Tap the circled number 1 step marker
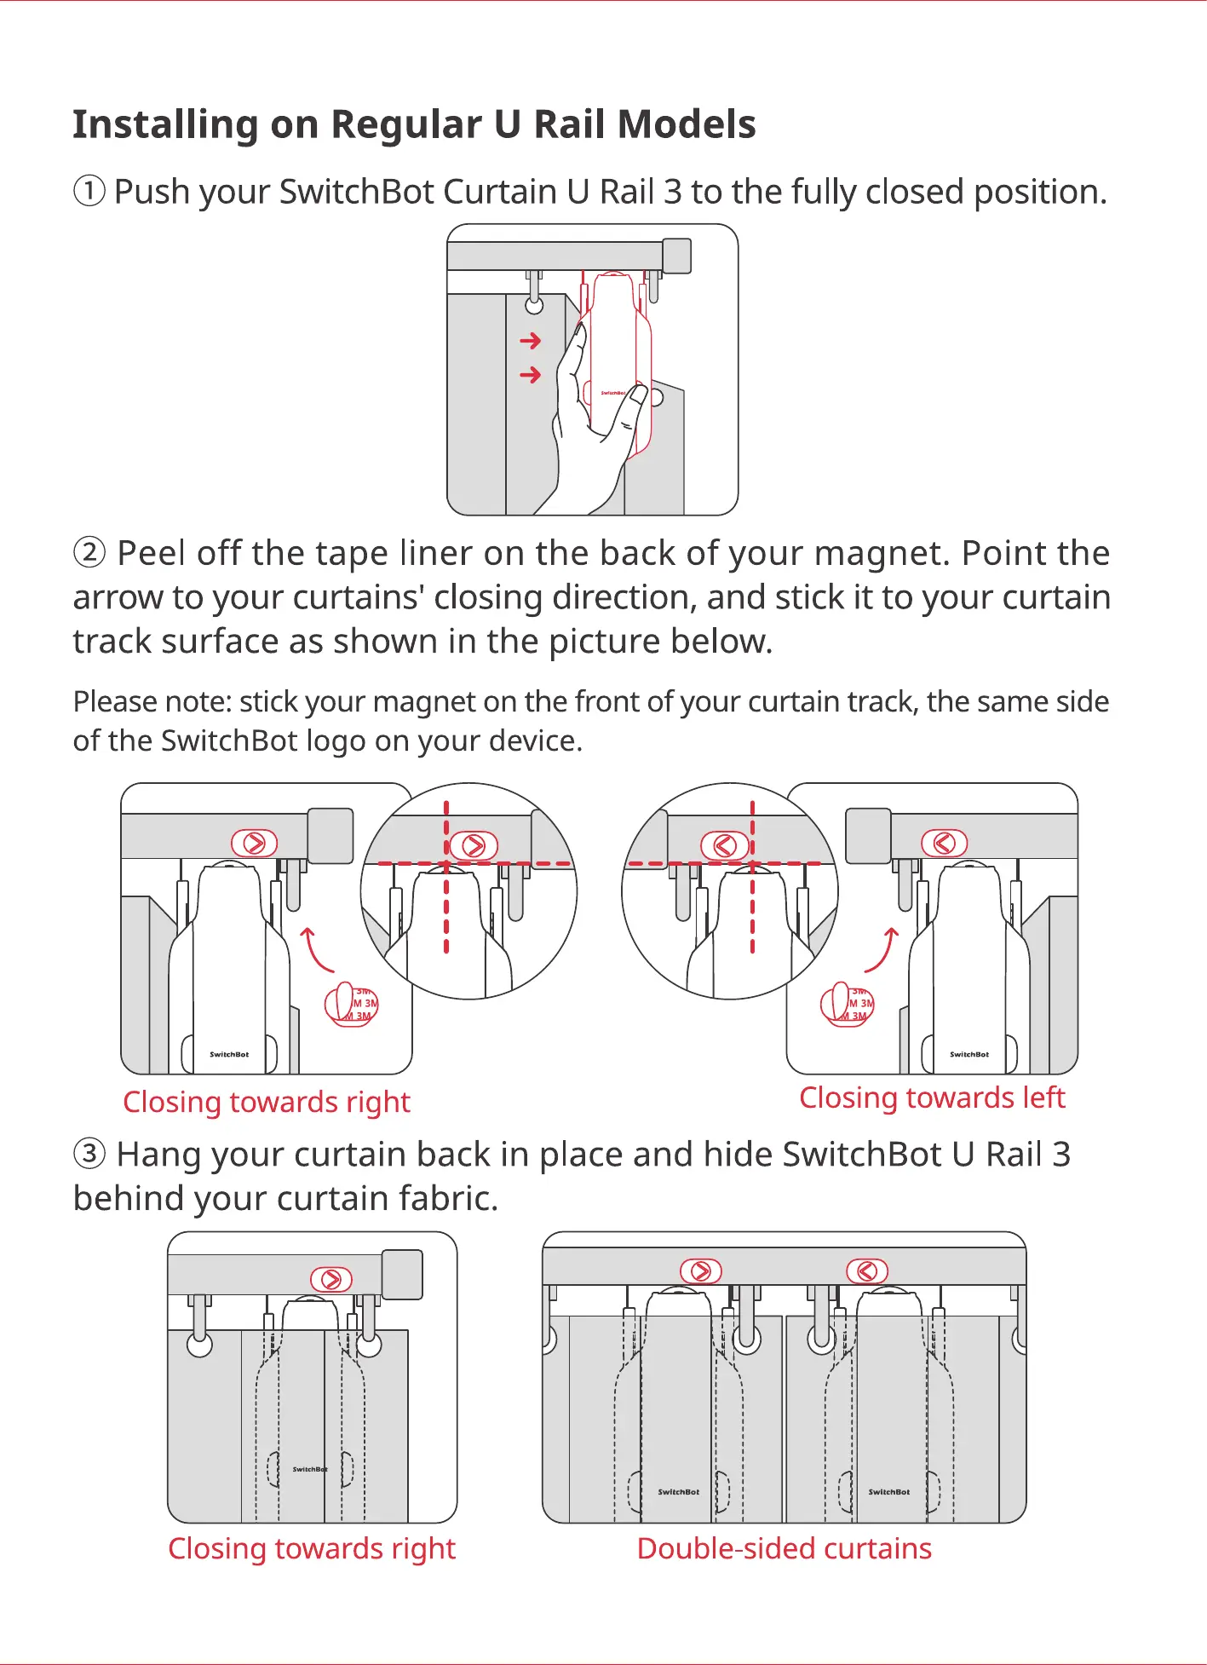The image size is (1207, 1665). tap(89, 192)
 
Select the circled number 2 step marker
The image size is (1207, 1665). tap(89, 553)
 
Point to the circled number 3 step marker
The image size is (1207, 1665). tap(89, 1155)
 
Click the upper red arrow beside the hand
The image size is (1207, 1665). tap(530, 341)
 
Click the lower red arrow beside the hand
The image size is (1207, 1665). tap(530, 375)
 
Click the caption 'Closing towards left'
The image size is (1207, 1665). tap(932, 1098)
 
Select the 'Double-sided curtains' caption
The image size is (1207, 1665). tap(784, 1548)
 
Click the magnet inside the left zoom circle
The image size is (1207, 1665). tap(474, 845)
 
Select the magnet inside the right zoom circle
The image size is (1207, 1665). tap(725, 845)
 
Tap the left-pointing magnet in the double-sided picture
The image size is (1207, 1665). tap(867, 1271)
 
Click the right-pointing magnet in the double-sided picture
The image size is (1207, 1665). tap(701, 1271)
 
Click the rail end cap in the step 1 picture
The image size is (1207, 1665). tap(676, 256)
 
